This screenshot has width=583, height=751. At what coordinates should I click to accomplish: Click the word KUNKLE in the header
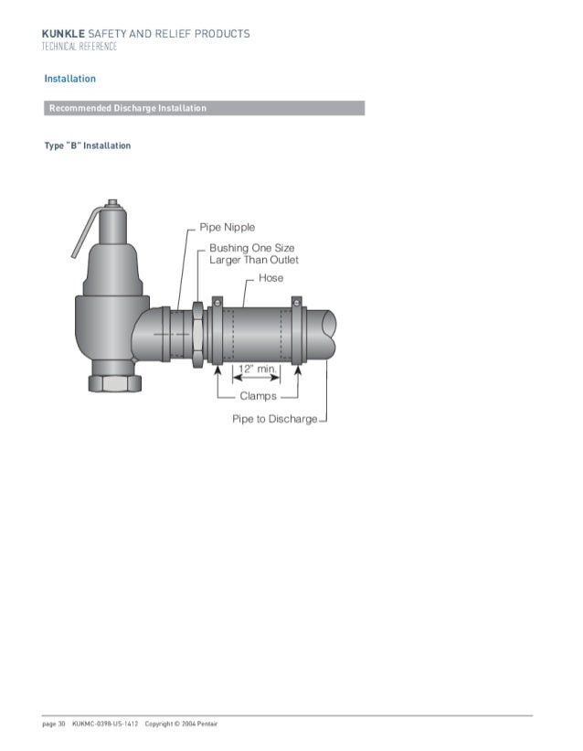61,34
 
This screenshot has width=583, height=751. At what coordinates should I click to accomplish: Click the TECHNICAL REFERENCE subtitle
80,47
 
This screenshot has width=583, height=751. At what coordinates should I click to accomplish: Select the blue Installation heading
70,79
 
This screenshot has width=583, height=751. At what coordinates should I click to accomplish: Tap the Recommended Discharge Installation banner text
128,109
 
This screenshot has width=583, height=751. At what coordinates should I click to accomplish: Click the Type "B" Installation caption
88,146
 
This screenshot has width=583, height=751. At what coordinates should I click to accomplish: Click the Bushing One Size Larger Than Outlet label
253,253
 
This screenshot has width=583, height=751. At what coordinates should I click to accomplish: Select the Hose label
270,277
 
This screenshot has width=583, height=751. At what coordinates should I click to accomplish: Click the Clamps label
258,396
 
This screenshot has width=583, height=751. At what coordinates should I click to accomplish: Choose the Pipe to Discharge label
274,419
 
